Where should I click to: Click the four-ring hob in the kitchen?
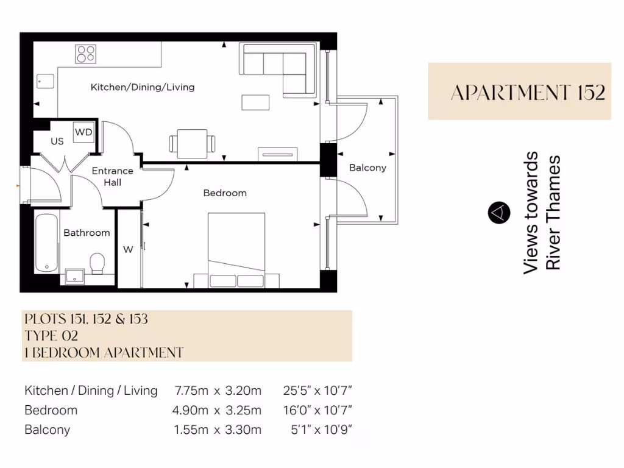click(x=86, y=54)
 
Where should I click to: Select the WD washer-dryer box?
click(x=83, y=132)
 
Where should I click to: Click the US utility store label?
click(x=57, y=141)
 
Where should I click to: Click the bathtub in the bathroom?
click(x=46, y=242)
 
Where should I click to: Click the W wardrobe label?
click(x=128, y=249)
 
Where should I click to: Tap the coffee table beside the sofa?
click(x=255, y=102)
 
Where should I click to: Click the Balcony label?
click(x=367, y=168)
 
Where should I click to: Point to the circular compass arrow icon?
click(x=498, y=212)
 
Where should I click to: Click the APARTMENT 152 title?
click(x=528, y=93)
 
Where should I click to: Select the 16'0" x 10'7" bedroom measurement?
click(x=317, y=410)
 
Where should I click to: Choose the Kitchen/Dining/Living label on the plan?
click(x=143, y=87)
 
